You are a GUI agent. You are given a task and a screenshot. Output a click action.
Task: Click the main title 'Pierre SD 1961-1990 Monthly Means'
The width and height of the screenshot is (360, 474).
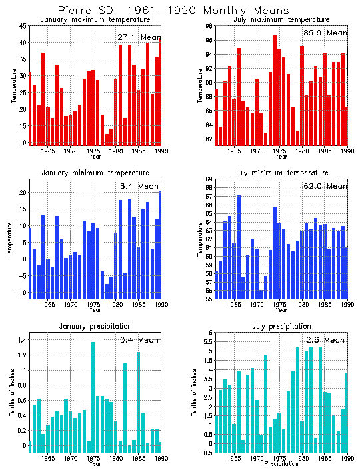pyautogui.click(x=173, y=11)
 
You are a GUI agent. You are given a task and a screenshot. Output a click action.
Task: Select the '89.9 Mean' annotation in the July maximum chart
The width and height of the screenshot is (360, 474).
pyautogui.click(x=325, y=33)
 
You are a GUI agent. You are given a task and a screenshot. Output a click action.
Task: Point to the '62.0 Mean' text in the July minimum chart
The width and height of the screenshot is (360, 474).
pyautogui.click(x=326, y=186)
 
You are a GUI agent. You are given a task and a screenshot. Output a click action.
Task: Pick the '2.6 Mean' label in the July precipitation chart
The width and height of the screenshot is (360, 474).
pyautogui.click(x=325, y=340)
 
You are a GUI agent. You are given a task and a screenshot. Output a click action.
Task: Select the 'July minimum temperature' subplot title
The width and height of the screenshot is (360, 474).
pyautogui.click(x=278, y=173)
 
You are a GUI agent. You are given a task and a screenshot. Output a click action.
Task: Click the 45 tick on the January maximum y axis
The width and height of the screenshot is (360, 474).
pyautogui.click(x=23, y=26)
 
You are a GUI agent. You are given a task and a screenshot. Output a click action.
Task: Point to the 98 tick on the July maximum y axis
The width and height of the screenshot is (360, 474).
pyautogui.click(x=209, y=26)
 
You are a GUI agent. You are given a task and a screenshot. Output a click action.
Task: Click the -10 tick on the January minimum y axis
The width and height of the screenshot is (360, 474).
pyautogui.click(x=22, y=293)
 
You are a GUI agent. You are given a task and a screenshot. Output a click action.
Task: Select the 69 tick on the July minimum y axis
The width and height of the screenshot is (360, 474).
pyautogui.click(x=209, y=179)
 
